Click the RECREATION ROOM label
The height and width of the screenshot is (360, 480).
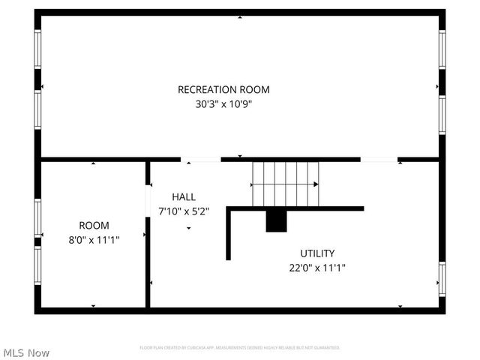[x=223, y=90]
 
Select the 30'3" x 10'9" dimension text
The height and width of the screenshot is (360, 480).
[x=223, y=105]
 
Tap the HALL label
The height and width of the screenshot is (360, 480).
[x=184, y=196]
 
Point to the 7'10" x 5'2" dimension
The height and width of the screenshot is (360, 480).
[x=184, y=211]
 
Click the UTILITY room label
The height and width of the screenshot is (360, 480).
[x=317, y=253]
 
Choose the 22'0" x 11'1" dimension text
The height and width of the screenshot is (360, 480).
[x=317, y=268]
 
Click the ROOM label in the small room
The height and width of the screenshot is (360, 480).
[x=94, y=225]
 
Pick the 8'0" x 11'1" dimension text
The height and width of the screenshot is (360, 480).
[x=94, y=239]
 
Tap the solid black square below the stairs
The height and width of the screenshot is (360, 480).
[x=277, y=221]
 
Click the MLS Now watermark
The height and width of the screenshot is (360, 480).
[x=27, y=352]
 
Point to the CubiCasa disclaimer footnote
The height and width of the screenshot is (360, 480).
[x=240, y=347]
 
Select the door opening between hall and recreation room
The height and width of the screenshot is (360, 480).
[x=201, y=159]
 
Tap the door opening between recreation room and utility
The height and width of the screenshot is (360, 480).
[x=379, y=159]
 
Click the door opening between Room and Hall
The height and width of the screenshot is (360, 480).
[x=148, y=202]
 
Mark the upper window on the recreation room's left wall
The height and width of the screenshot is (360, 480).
[x=37, y=51]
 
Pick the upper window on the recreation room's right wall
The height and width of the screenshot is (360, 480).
[x=442, y=49]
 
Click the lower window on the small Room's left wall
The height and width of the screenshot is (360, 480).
[x=37, y=266]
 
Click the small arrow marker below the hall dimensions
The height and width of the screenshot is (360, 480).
[x=188, y=228]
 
